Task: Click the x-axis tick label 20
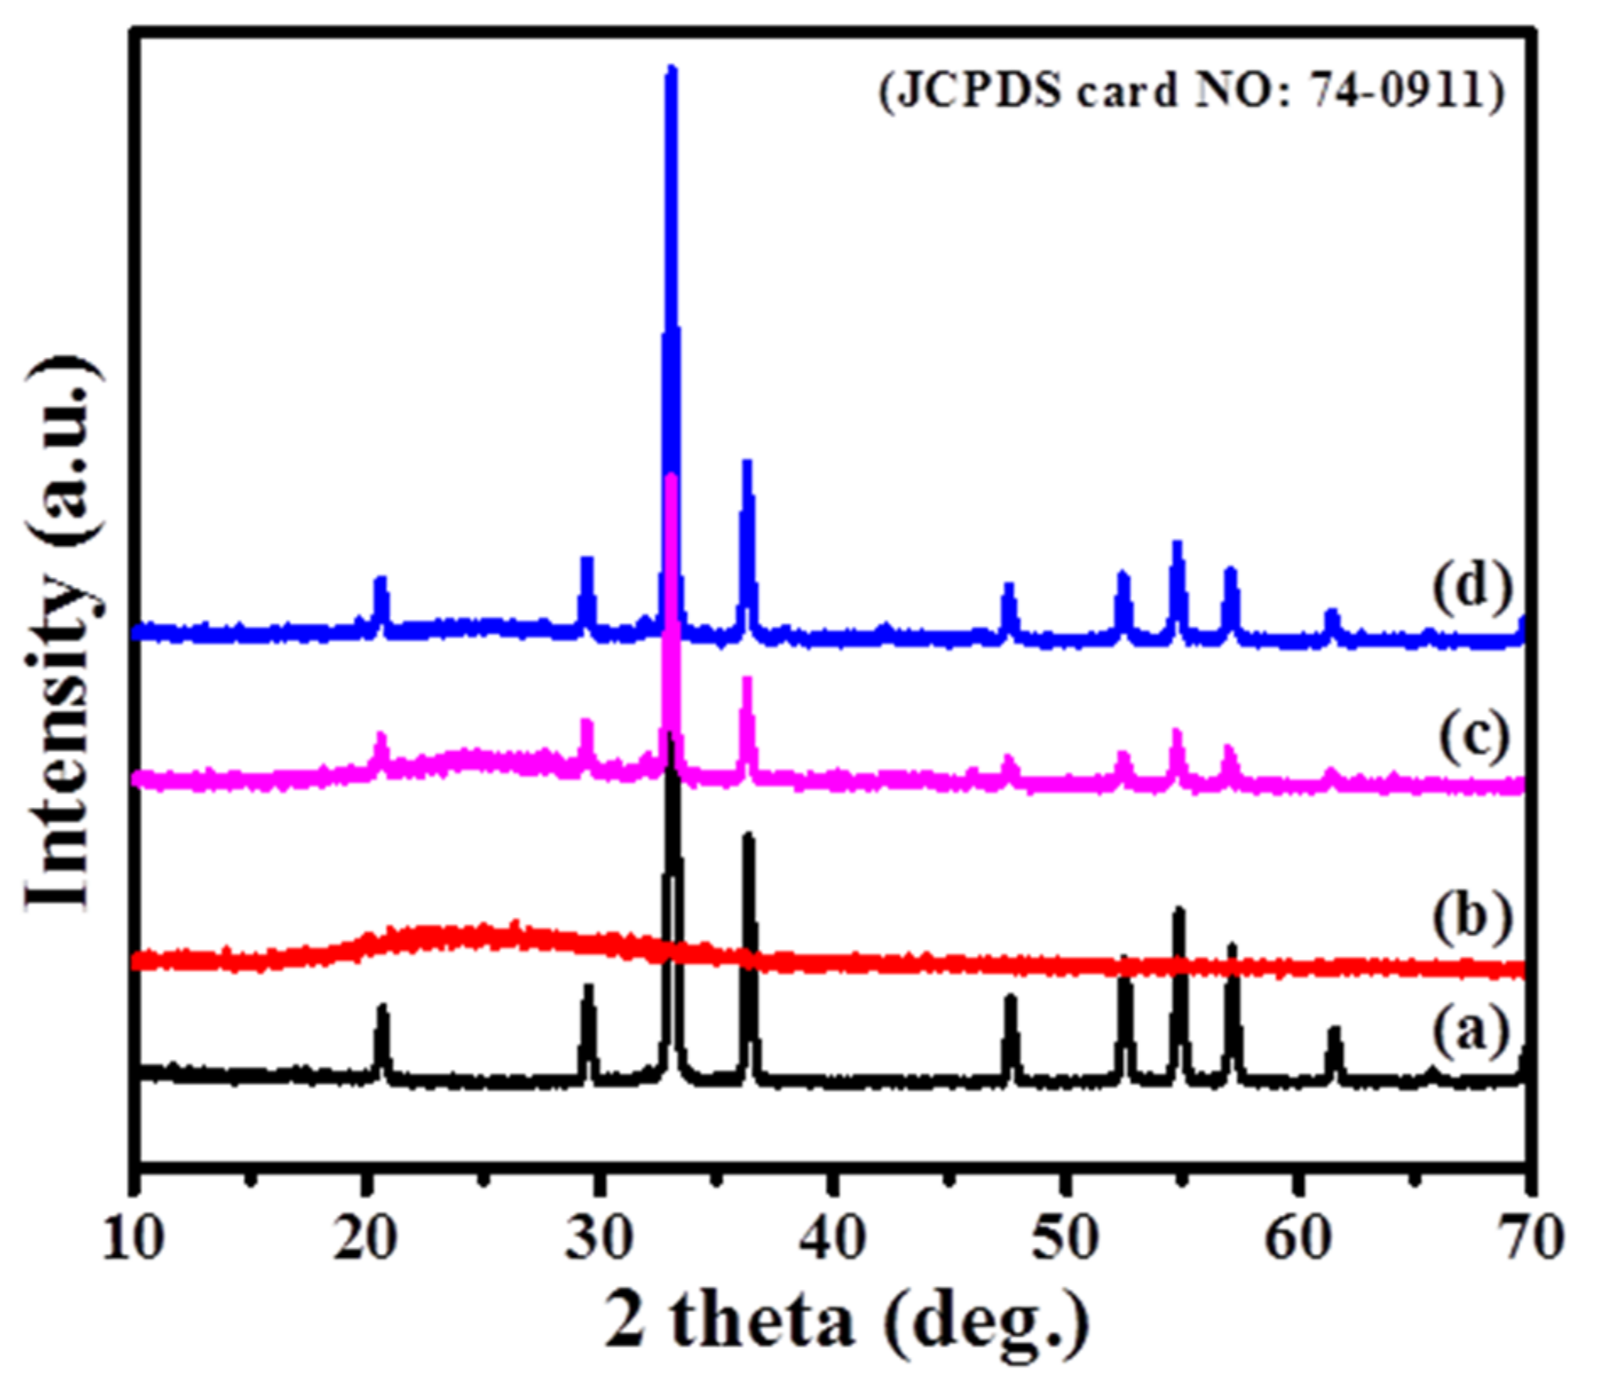(x=365, y=1239)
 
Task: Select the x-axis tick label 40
(x=833, y=1239)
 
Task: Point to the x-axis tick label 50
(x=1066, y=1239)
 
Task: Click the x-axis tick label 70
(x=1527, y=1239)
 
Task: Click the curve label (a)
(x=1471, y=1031)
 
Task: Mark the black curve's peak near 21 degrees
(x=382, y=1008)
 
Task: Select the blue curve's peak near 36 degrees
(x=747, y=464)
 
